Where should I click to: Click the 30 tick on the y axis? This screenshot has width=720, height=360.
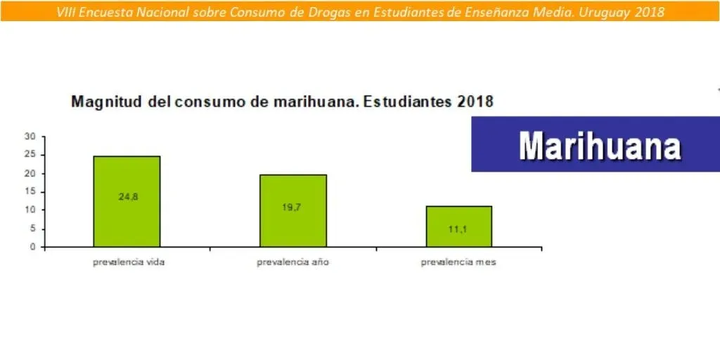(31, 136)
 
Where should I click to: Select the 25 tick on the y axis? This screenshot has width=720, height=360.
(31, 155)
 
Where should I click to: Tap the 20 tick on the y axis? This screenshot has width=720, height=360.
(31, 174)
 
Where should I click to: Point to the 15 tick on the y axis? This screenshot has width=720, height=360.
(31, 192)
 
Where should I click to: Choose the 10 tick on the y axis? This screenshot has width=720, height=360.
(31, 210)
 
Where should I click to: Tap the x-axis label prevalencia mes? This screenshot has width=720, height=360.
(458, 263)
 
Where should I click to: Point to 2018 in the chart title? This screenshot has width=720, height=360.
(475, 102)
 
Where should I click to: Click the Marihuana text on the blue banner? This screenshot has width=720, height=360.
(600, 146)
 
